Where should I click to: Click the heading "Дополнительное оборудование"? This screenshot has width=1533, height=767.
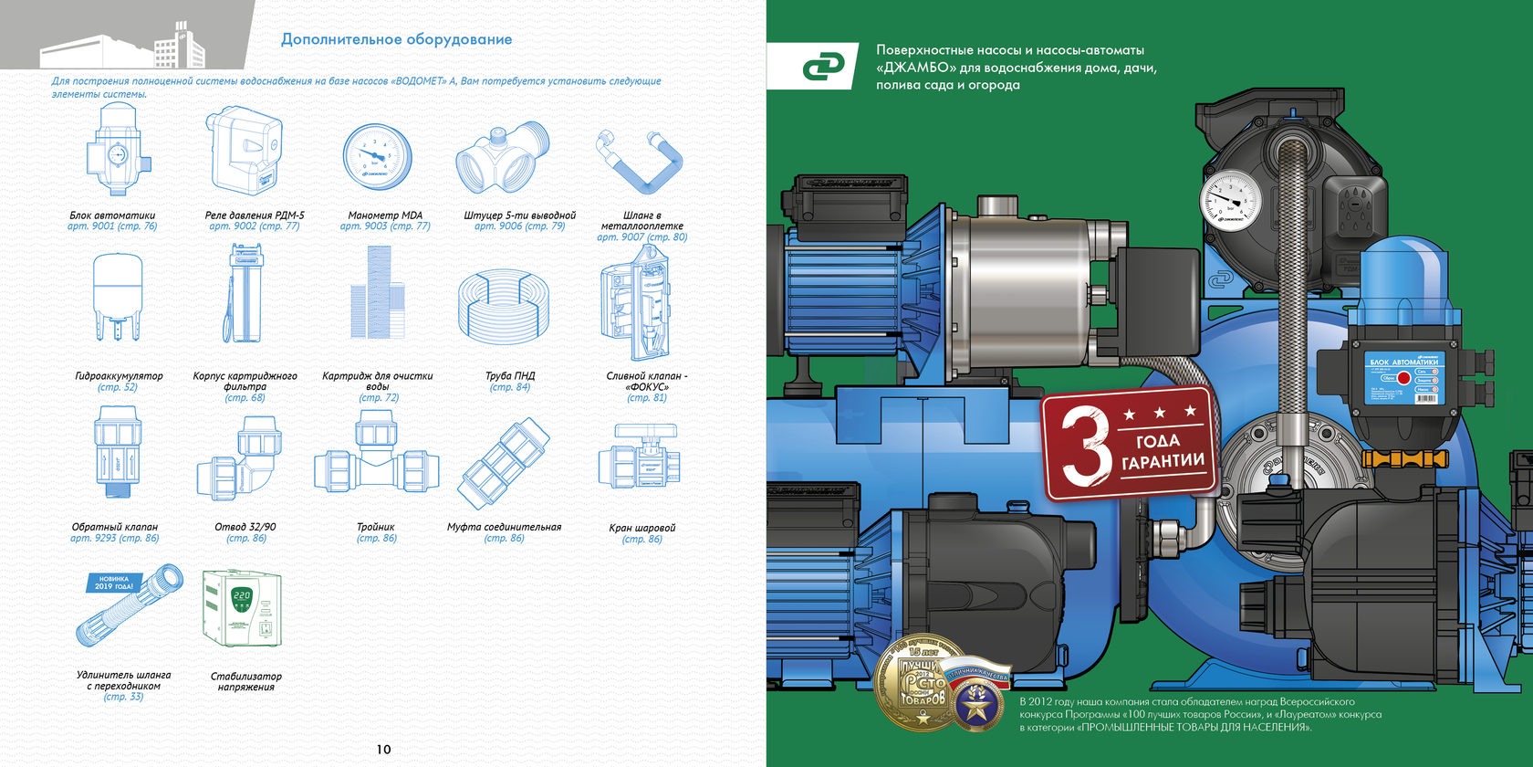(x=396, y=39)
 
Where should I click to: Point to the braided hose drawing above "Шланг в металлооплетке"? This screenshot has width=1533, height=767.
(x=640, y=160)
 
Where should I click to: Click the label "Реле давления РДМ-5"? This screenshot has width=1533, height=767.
(x=255, y=215)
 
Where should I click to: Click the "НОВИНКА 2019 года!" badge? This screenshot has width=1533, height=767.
(x=114, y=583)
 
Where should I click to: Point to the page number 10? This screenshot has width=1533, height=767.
(x=383, y=750)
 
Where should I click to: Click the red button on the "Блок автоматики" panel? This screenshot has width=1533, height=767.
(x=1403, y=378)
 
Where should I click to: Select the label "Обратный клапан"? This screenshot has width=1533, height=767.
(x=115, y=527)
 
